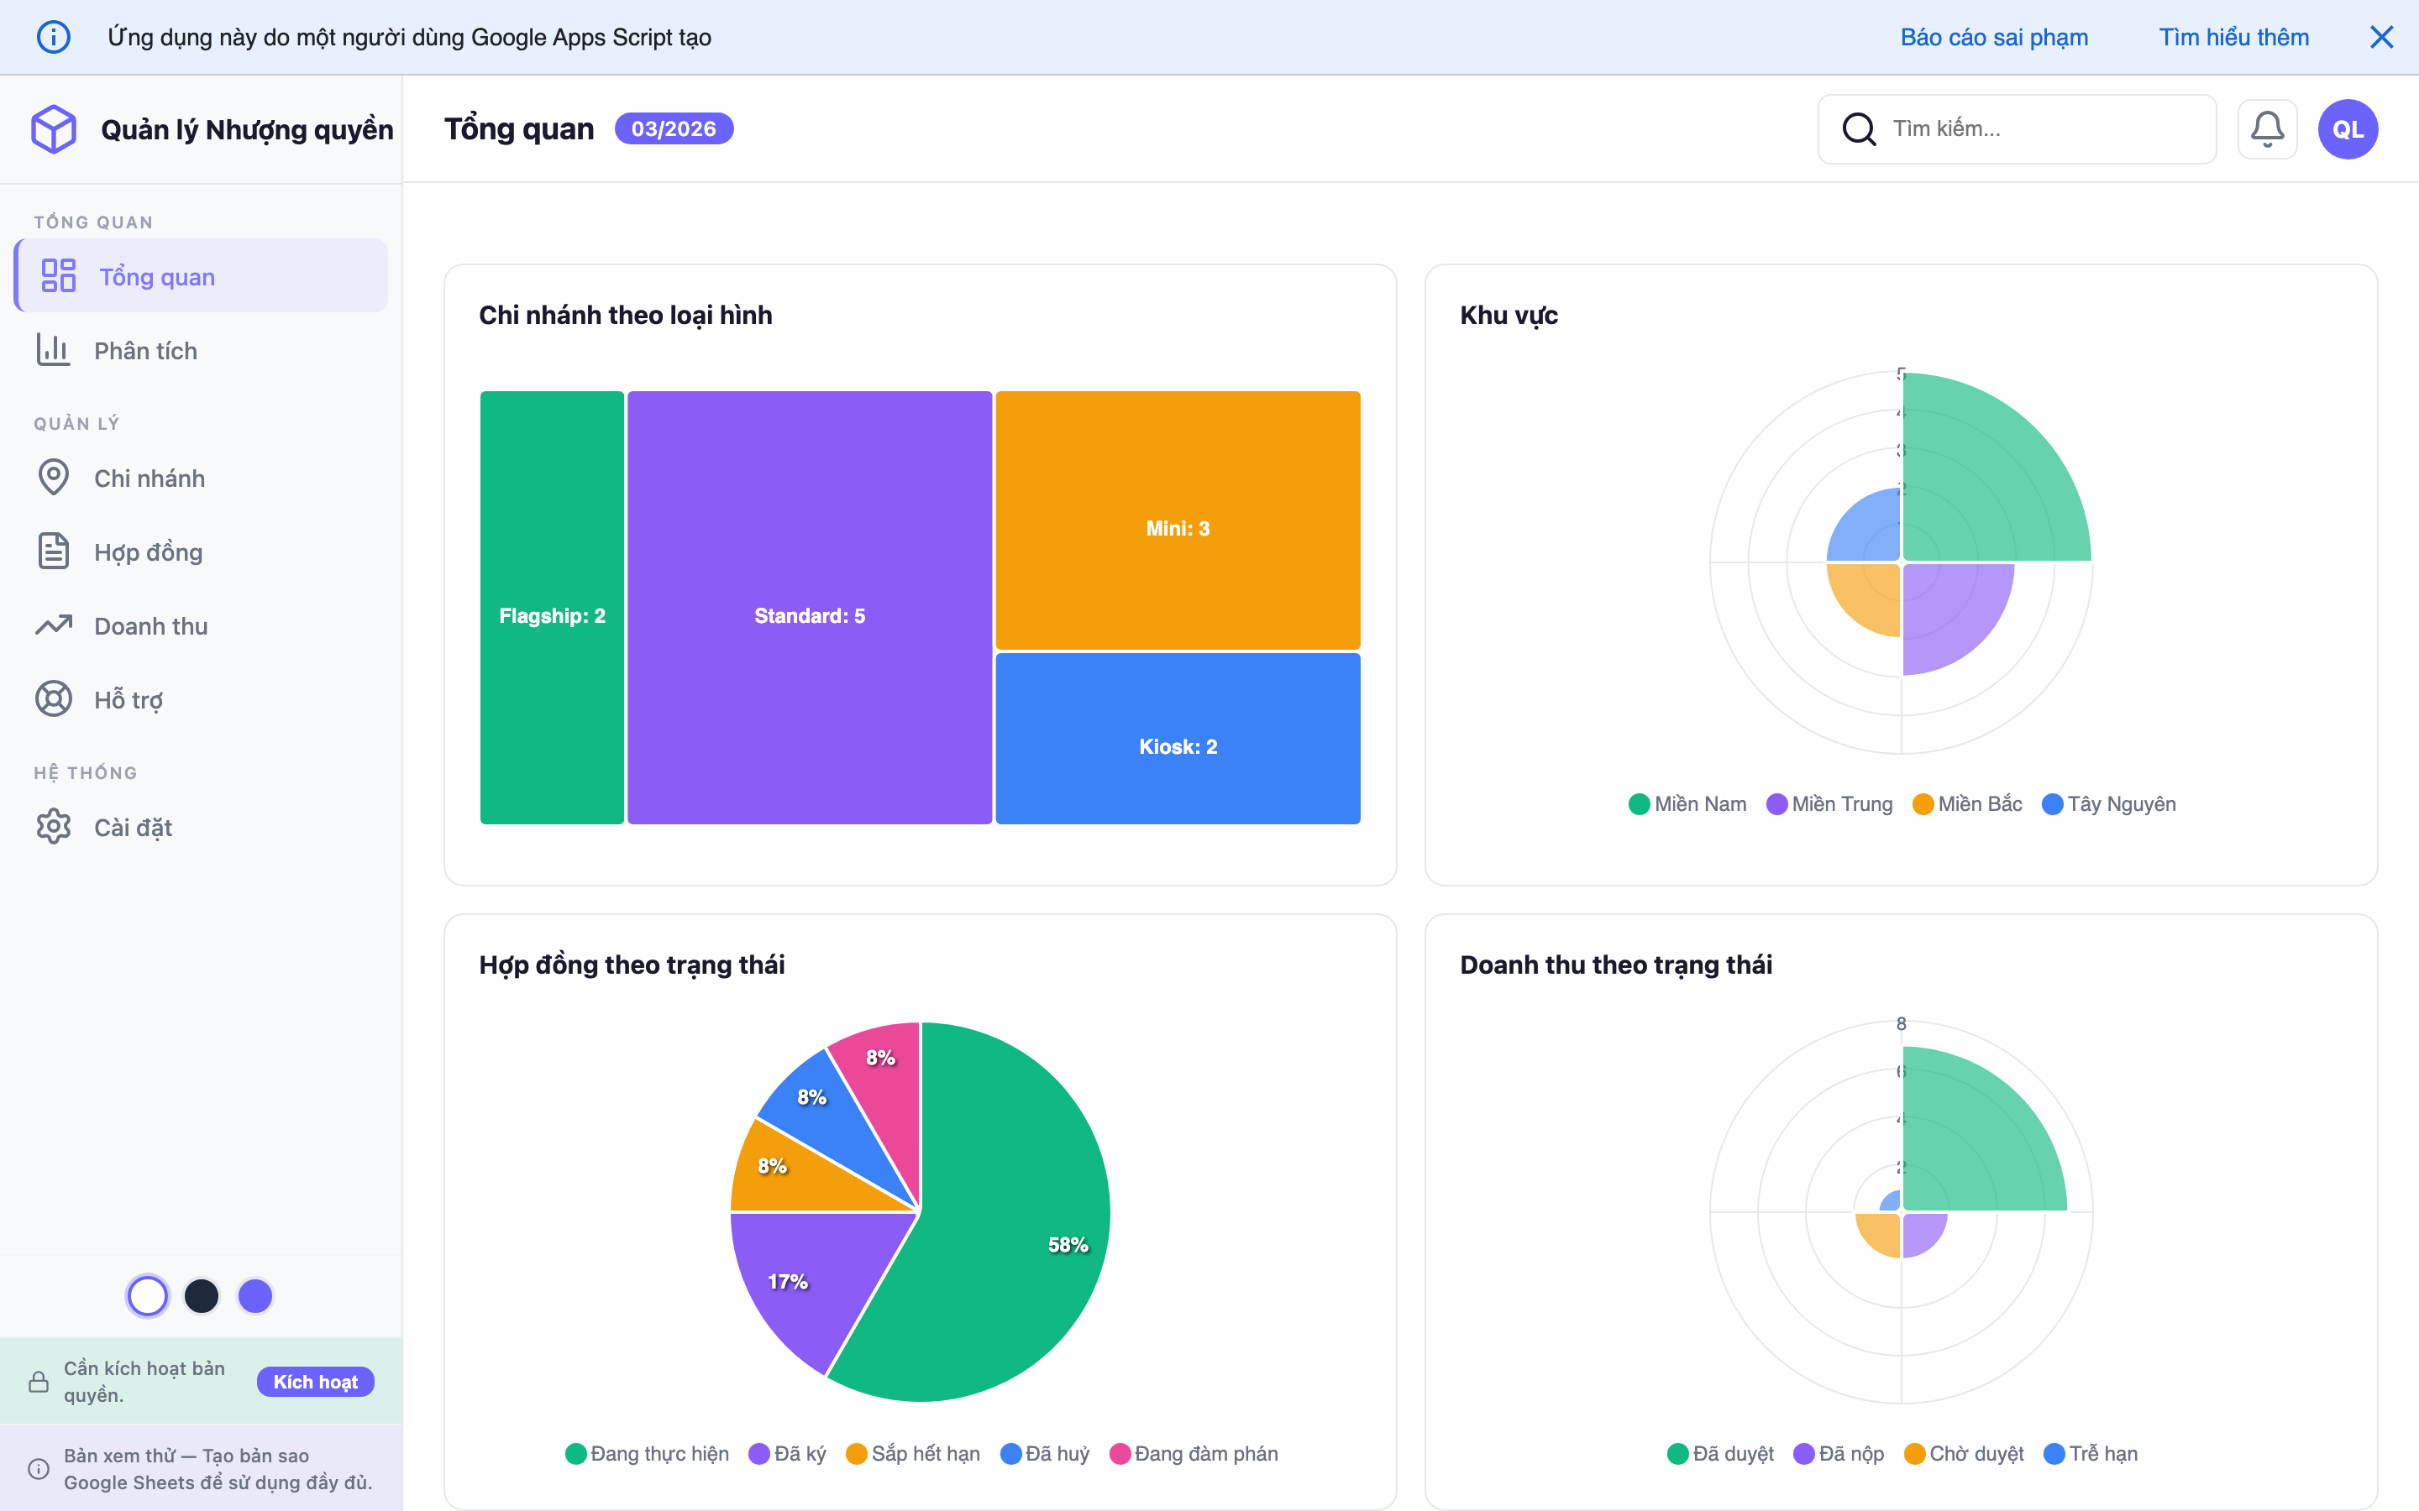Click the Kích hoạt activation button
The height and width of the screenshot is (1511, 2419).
pyautogui.click(x=315, y=1381)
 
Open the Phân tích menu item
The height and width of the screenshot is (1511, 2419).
pyautogui.click(x=145, y=351)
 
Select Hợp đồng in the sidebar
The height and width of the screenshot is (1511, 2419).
pyautogui.click(x=148, y=552)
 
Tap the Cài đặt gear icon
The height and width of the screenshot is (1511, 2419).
pyautogui.click(x=54, y=827)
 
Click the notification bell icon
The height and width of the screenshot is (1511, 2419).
pyautogui.click(x=2266, y=129)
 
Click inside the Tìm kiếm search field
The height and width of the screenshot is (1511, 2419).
pyautogui.click(x=2039, y=129)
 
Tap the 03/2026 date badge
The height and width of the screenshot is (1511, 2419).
pyautogui.click(x=673, y=129)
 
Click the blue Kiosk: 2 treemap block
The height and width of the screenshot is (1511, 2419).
pyautogui.click(x=1178, y=740)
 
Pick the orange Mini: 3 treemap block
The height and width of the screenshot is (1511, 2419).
pyautogui.click(x=1178, y=520)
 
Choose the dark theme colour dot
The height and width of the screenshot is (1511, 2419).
pyautogui.click(x=201, y=1296)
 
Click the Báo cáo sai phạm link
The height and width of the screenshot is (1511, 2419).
pyautogui.click(x=1993, y=37)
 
